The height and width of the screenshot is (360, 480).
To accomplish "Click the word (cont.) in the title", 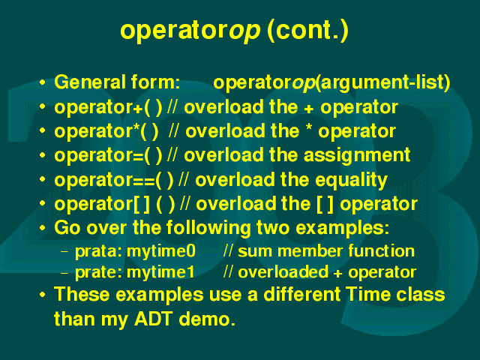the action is pos(307,31).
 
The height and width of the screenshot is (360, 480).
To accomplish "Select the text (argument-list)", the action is pos(382,82).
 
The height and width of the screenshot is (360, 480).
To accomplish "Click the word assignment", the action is pos(357,155).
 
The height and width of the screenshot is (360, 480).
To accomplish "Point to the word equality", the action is pos(351,180).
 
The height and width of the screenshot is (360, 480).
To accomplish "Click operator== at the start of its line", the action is pos(104,180).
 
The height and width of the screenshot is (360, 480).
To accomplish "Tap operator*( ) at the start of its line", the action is pos(106,132).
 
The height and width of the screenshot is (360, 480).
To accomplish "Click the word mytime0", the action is pos(161,252).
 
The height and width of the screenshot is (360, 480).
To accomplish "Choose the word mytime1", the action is pos(160,272).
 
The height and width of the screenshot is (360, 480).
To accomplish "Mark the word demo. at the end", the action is pos(207,319).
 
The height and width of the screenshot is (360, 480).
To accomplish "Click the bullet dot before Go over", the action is pos(42,228).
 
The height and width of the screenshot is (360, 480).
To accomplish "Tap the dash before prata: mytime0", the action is pos(64,252).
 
